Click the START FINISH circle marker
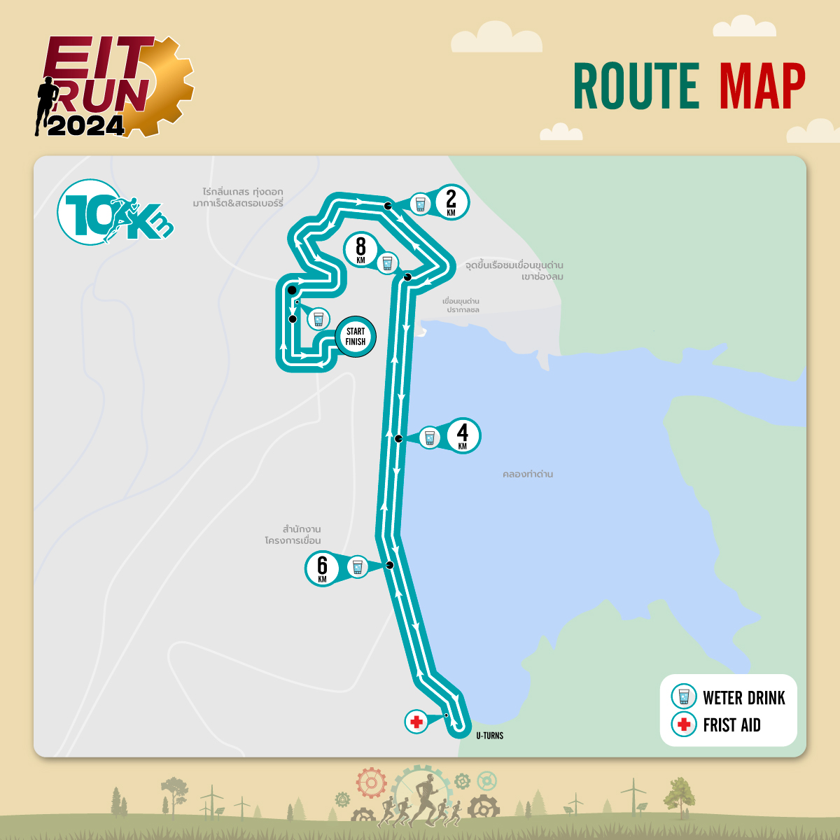pyautogui.click(x=356, y=337)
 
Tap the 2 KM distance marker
pyautogui.click(x=451, y=202)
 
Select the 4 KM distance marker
pyautogui.click(x=462, y=435)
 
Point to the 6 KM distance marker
pyautogui.click(x=322, y=568)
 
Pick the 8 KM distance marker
pyautogui.click(x=360, y=249)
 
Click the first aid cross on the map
pyautogui.click(x=416, y=722)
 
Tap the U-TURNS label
pyautogui.click(x=489, y=736)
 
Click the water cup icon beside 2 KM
pyautogui.click(x=420, y=204)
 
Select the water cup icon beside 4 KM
pyautogui.click(x=430, y=438)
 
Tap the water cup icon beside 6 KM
pyautogui.click(x=357, y=566)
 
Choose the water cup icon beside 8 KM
pyautogui.click(x=387, y=263)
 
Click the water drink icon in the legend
pyautogui.click(x=683, y=697)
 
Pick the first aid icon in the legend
pyautogui.click(x=683, y=724)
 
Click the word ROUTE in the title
pyautogui.click(x=636, y=87)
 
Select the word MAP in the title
pyautogui.click(x=762, y=87)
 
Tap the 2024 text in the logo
pyautogui.click(x=85, y=125)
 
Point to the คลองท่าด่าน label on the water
pyautogui.click(x=528, y=474)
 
